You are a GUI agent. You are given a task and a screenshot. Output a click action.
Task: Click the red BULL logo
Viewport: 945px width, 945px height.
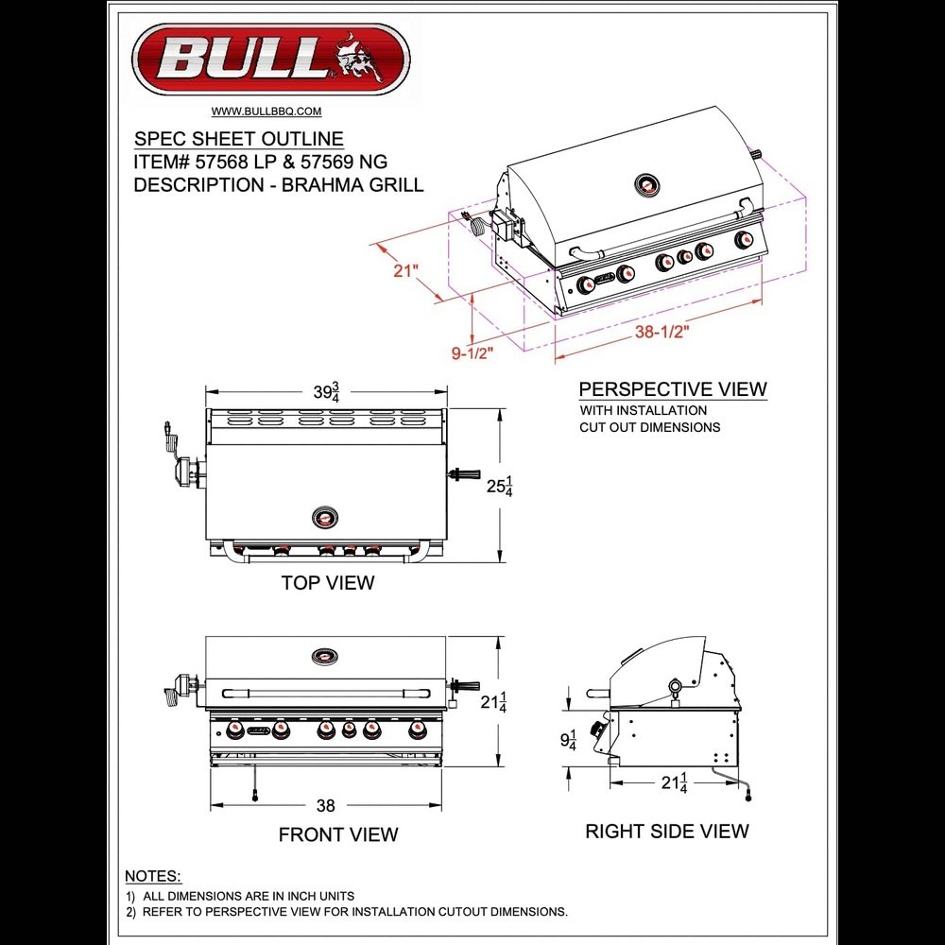tap(271, 59)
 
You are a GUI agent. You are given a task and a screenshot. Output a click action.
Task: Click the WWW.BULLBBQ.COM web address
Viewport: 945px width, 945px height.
tap(266, 112)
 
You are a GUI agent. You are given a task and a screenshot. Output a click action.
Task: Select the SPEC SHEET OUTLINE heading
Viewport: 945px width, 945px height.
tap(239, 139)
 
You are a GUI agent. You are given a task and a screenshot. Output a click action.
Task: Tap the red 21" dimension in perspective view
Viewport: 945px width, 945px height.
tap(405, 270)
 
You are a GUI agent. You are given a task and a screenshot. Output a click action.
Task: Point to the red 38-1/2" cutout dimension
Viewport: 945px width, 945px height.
tap(661, 332)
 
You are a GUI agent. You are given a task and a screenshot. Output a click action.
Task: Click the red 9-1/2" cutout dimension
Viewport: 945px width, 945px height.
tap(472, 352)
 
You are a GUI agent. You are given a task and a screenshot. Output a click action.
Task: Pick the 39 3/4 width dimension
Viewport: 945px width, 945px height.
tap(326, 392)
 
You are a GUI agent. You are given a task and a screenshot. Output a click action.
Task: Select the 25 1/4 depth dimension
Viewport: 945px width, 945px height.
tap(500, 486)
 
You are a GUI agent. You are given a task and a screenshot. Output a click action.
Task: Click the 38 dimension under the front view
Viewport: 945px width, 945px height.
tap(325, 805)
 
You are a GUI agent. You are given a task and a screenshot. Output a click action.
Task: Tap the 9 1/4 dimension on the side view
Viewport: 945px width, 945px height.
tap(568, 740)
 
